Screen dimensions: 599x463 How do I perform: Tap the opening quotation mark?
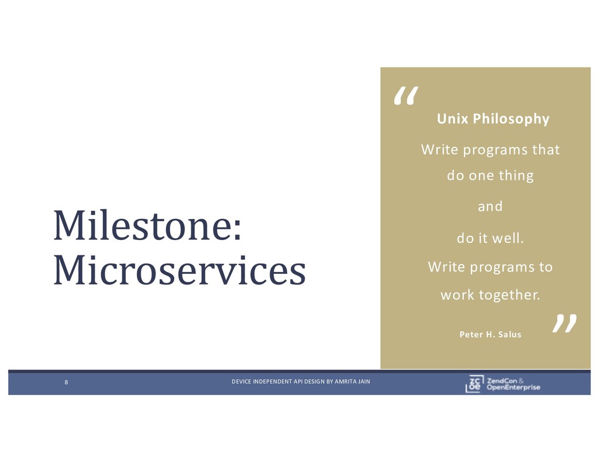pyautogui.click(x=406, y=95)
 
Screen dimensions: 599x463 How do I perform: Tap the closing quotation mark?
pyautogui.click(x=564, y=324)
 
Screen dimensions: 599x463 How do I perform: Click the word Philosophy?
pyautogui.click(x=511, y=119)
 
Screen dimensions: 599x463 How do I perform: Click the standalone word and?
pyautogui.click(x=490, y=207)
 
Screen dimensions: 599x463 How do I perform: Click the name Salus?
pyautogui.click(x=510, y=335)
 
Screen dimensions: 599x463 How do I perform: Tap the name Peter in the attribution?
pyautogui.click(x=471, y=335)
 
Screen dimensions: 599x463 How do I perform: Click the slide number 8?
pyautogui.click(x=66, y=382)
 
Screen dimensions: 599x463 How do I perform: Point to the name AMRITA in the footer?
pyautogui.click(x=343, y=382)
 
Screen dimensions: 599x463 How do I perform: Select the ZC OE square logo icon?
pyautogui.click(x=474, y=384)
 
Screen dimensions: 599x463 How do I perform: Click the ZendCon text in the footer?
pyautogui.click(x=502, y=381)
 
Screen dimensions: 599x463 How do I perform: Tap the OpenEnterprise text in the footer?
pyautogui.click(x=514, y=387)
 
